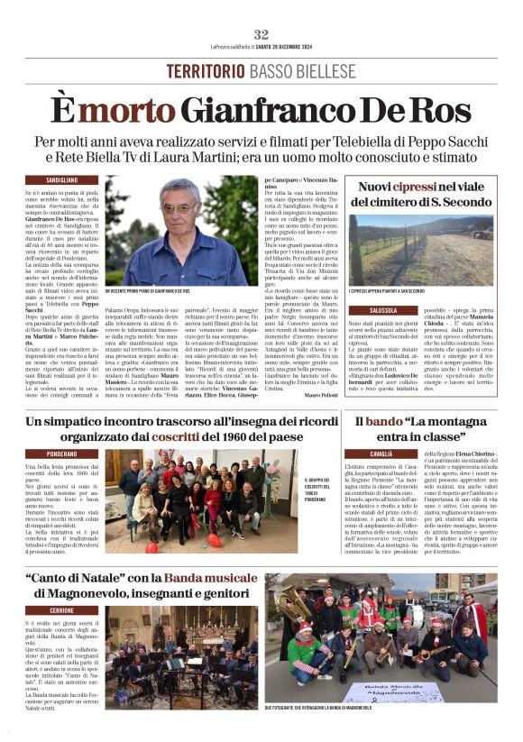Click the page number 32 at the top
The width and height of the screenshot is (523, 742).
point(261,33)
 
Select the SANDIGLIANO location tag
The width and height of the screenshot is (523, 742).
point(62,180)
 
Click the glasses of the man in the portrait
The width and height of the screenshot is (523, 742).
point(181,206)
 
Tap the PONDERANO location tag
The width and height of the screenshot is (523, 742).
point(62,453)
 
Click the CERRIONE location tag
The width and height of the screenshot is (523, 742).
point(62,610)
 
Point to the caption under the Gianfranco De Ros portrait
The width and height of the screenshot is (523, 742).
point(148,292)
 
